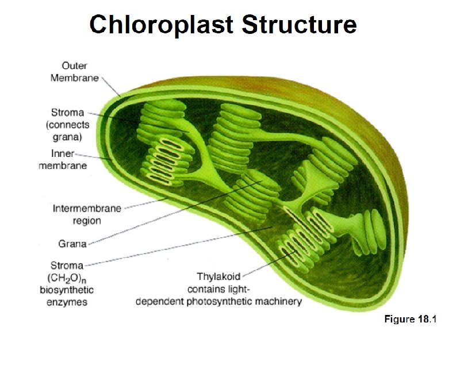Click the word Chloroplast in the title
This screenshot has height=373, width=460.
(x=161, y=26)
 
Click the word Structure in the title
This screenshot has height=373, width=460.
(x=299, y=26)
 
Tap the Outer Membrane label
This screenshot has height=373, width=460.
(x=75, y=72)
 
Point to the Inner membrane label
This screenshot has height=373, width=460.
(x=63, y=160)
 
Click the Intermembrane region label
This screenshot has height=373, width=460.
(x=87, y=214)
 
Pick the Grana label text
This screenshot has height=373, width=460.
(x=72, y=244)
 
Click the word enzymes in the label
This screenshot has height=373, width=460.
(x=67, y=303)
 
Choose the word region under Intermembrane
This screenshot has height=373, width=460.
(x=87, y=221)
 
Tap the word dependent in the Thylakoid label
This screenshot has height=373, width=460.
(x=160, y=302)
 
